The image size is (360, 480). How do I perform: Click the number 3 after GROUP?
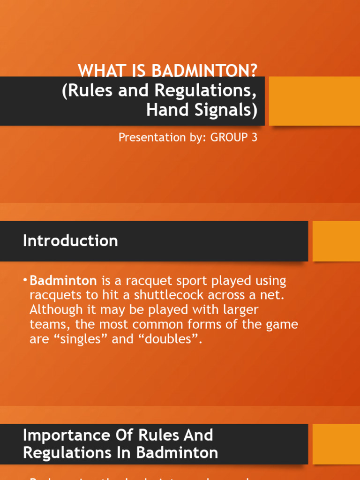click(x=254, y=138)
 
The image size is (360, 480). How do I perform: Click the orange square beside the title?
click(x=314, y=101)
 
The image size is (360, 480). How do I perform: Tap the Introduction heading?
click(x=70, y=241)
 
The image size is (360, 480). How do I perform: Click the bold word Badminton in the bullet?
click(x=63, y=281)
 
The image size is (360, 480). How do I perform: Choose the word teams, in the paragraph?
click(x=49, y=324)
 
